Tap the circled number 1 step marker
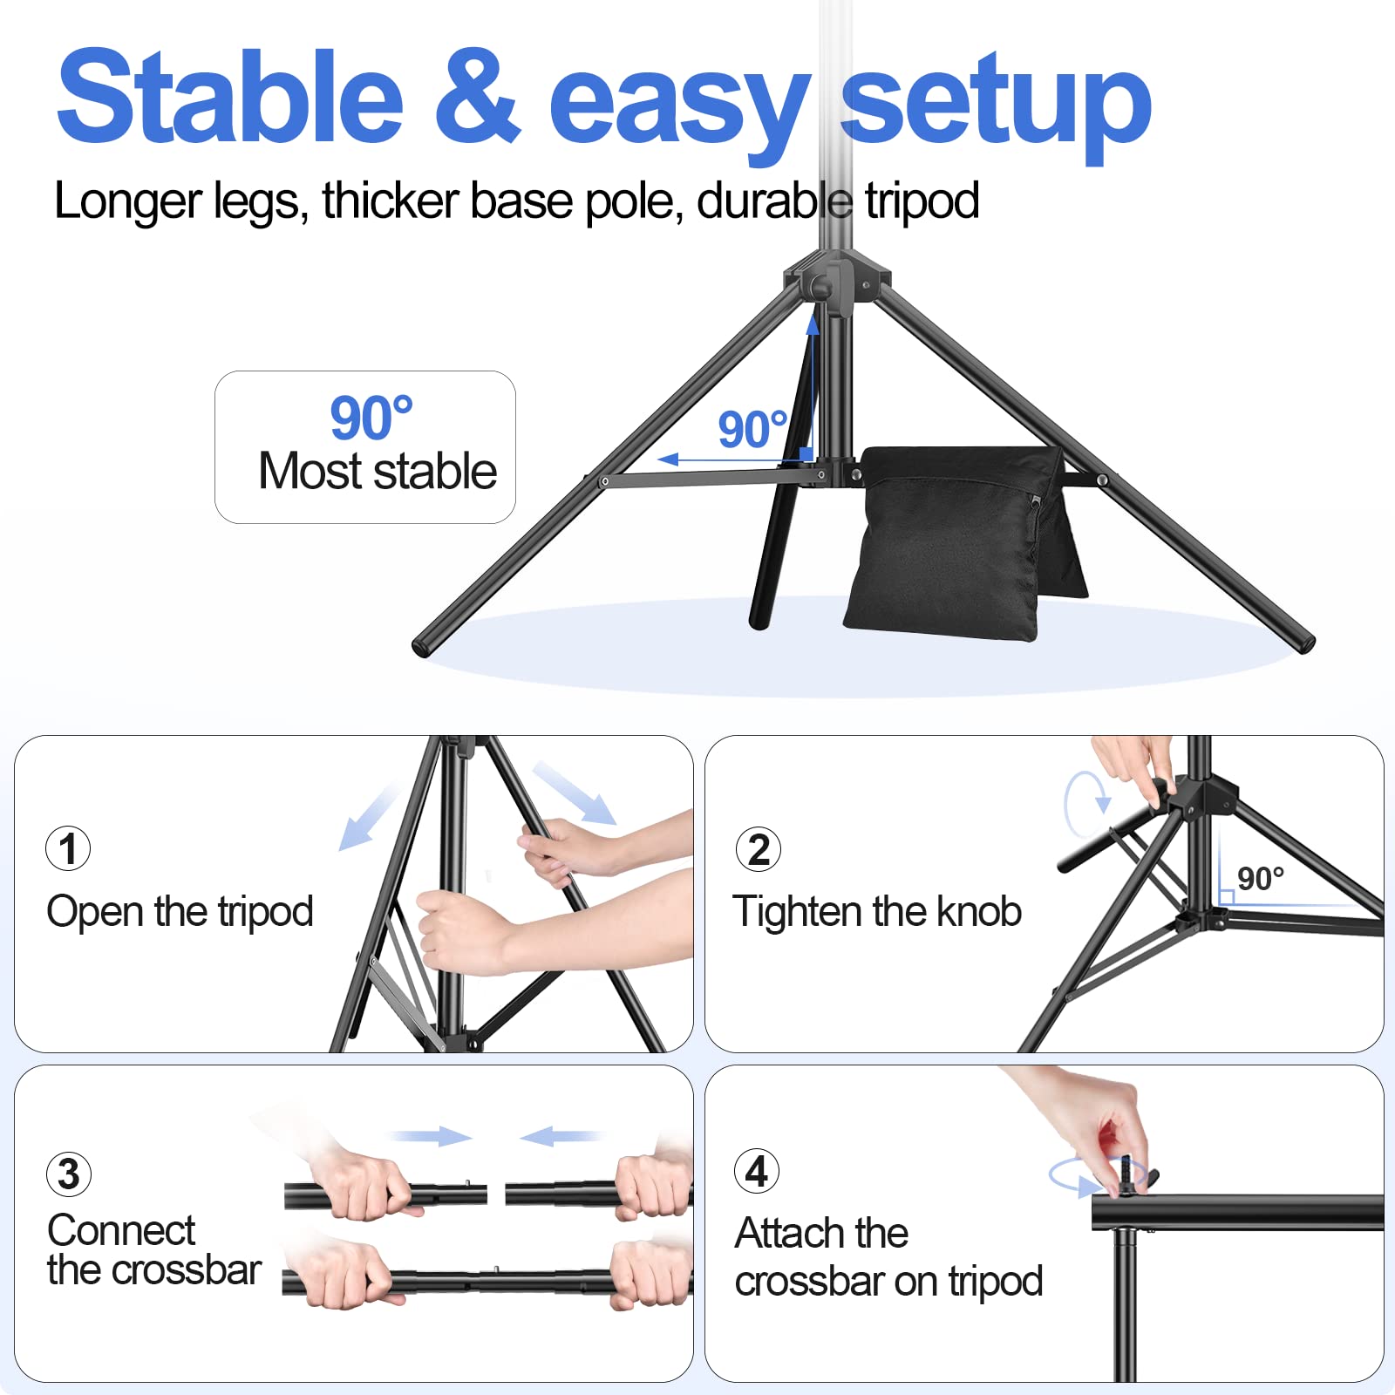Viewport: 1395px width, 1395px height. pyautogui.click(x=68, y=848)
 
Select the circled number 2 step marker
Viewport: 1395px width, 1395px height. pyautogui.click(x=759, y=849)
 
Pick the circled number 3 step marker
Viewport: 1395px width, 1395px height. pyautogui.click(x=69, y=1174)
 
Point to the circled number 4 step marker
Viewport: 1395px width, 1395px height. pyautogui.click(x=757, y=1171)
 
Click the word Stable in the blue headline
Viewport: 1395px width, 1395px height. pyautogui.click(x=230, y=98)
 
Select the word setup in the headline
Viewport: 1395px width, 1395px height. pyautogui.click(x=996, y=103)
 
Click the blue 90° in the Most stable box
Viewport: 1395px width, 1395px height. pyautogui.click(x=371, y=418)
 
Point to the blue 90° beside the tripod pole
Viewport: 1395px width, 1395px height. pyautogui.click(x=752, y=429)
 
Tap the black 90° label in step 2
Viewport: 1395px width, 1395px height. pyautogui.click(x=1260, y=879)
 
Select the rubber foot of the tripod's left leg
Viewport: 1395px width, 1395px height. pyautogui.click(x=425, y=646)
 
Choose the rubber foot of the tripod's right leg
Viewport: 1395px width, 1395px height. pyautogui.click(x=1304, y=643)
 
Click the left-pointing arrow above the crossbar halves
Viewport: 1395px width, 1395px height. pyautogui.click(x=559, y=1136)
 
